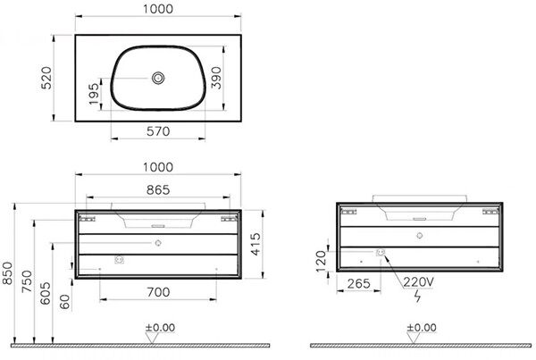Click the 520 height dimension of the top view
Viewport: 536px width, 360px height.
[46, 78]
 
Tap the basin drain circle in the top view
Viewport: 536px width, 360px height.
[158, 78]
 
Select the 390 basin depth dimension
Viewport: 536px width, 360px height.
[216, 78]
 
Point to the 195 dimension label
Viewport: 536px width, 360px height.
[94, 94]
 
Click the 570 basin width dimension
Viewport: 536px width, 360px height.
[158, 131]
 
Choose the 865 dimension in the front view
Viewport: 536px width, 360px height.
[158, 189]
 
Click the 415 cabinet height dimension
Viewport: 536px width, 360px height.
[255, 244]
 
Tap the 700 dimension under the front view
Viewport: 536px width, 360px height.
[158, 292]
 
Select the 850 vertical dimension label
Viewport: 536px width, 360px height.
[7, 273]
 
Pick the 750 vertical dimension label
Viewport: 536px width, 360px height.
[27, 281]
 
